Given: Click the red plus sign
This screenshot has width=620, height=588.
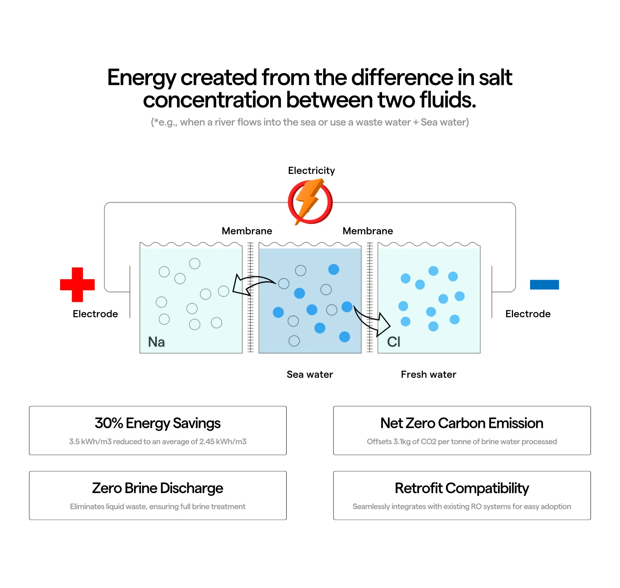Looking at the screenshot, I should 77,285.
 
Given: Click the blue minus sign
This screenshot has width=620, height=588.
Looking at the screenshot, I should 544,285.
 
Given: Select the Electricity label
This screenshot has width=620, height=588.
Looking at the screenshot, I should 311,170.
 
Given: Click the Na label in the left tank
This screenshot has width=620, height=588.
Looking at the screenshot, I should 156,342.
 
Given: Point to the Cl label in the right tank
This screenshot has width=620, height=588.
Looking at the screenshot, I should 393,342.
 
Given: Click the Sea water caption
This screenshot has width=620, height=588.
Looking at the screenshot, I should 310,374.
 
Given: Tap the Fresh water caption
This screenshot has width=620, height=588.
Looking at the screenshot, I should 428,374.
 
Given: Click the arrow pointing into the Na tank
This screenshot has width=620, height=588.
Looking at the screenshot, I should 252,285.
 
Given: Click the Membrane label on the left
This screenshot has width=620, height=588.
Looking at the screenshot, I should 247,231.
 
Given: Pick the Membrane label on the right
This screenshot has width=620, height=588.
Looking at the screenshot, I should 368,231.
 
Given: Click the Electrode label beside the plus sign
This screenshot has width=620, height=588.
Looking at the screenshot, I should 95,314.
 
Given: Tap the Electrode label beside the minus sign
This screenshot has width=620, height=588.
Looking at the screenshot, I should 528,314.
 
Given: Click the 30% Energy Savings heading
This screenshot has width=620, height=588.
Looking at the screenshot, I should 158,423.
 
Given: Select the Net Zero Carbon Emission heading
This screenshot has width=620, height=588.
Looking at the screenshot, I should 462,423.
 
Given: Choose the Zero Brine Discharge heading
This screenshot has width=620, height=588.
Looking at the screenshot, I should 158,488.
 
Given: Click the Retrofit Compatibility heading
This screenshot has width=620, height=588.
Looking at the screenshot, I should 462,488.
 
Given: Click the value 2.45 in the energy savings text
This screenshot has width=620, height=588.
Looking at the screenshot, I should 207,442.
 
